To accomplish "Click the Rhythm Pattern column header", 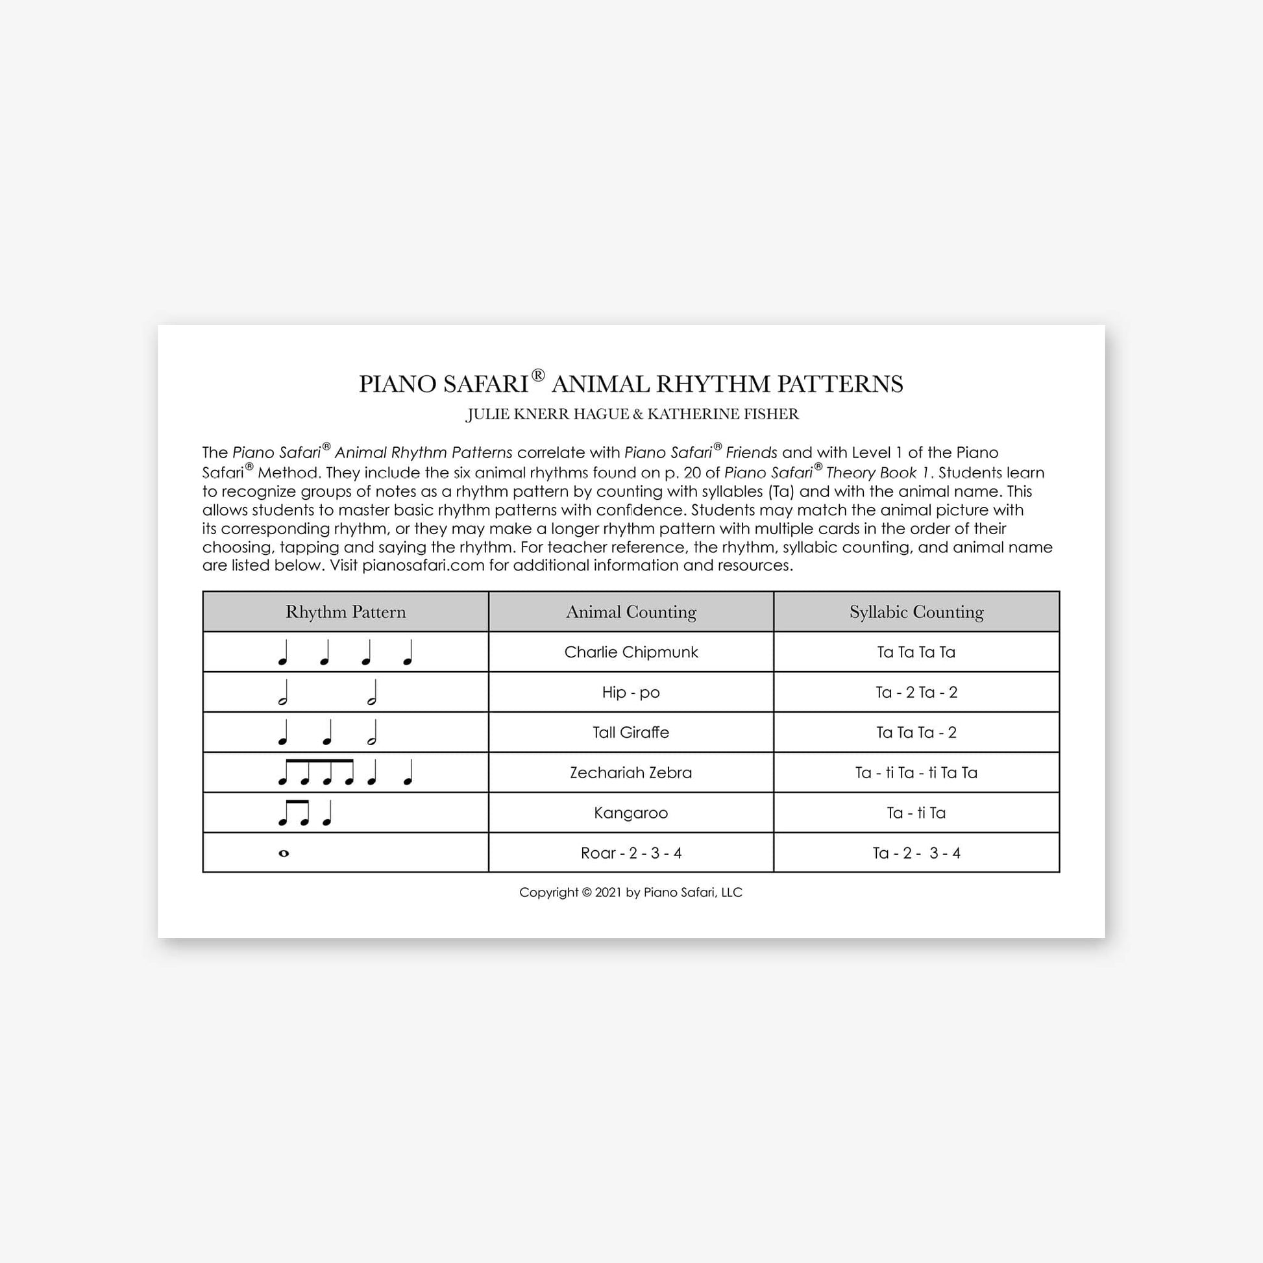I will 345,612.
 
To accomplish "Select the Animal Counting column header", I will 631,612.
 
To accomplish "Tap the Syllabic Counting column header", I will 916,612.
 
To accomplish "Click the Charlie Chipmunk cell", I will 631,652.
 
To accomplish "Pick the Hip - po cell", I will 631,693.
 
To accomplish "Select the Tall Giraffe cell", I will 631,732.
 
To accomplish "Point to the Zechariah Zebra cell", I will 631,773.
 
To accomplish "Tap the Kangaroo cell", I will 631,813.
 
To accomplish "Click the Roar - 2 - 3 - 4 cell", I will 631,853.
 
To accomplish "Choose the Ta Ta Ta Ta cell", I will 916,652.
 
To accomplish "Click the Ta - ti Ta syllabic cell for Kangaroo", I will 916,813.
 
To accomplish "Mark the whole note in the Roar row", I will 284,853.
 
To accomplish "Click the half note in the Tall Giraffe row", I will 372,733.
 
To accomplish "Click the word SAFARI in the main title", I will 485,384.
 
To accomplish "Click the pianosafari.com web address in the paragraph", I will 423,565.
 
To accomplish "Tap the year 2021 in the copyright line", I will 608,892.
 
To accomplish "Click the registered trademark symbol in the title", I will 538,375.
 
